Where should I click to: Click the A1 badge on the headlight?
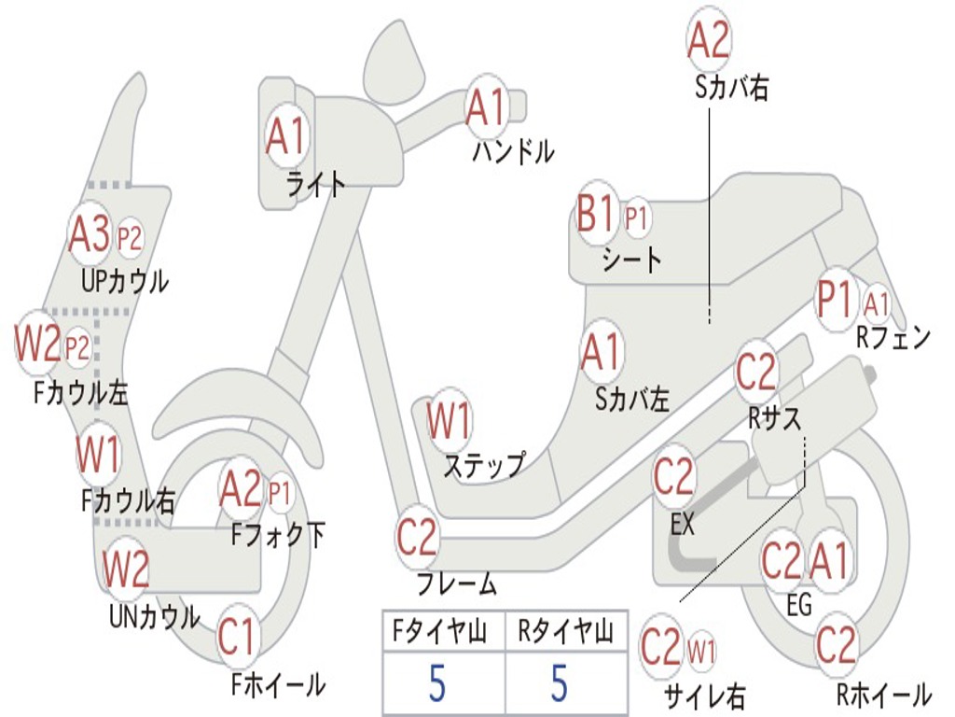(285, 137)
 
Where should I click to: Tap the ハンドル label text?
(513, 150)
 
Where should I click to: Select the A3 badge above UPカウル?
(90, 235)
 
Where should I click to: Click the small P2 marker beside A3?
(130, 239)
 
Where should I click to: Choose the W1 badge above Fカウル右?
(98, 457)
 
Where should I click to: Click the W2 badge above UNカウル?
(126, 569)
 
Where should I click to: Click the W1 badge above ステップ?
(449, 421)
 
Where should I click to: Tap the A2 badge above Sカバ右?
(708, 40)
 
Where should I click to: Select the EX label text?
(683, 525)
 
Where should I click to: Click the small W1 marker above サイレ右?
(701, 649)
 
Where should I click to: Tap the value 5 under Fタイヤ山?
(437, 682)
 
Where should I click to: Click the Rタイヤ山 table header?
(566, 634)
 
